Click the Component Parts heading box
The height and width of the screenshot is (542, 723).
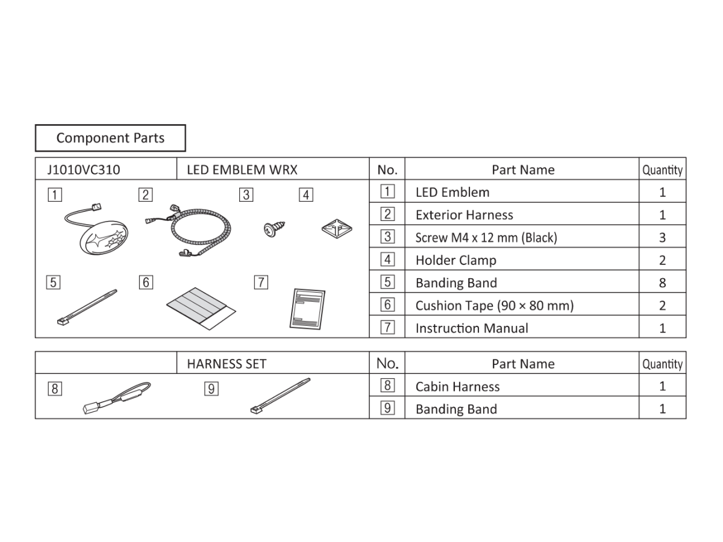tap(110, 138)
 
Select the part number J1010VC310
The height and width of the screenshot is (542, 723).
tap(83, 170)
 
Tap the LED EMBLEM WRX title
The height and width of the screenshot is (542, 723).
tap(242, 170)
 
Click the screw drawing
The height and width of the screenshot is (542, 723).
tap(274, 228)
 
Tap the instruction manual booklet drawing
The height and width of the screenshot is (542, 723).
tap(307, 309)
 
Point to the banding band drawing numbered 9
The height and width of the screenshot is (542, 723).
tap(280, 395)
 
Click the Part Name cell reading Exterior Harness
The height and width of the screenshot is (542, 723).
tap(464, 215)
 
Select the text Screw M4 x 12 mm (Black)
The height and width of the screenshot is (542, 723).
tap(486, 237)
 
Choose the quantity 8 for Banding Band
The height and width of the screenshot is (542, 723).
tap(662, 282)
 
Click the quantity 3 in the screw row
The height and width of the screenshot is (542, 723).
tap(662, 237)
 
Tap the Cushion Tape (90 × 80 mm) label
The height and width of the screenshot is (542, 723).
tap(494, 305)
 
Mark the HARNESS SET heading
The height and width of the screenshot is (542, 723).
tap(227, 364)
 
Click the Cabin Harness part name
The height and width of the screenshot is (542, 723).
tap(457, 387)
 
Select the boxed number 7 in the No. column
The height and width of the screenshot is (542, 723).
tap(387, 328)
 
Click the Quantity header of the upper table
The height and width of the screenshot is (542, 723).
tap(662, 170)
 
